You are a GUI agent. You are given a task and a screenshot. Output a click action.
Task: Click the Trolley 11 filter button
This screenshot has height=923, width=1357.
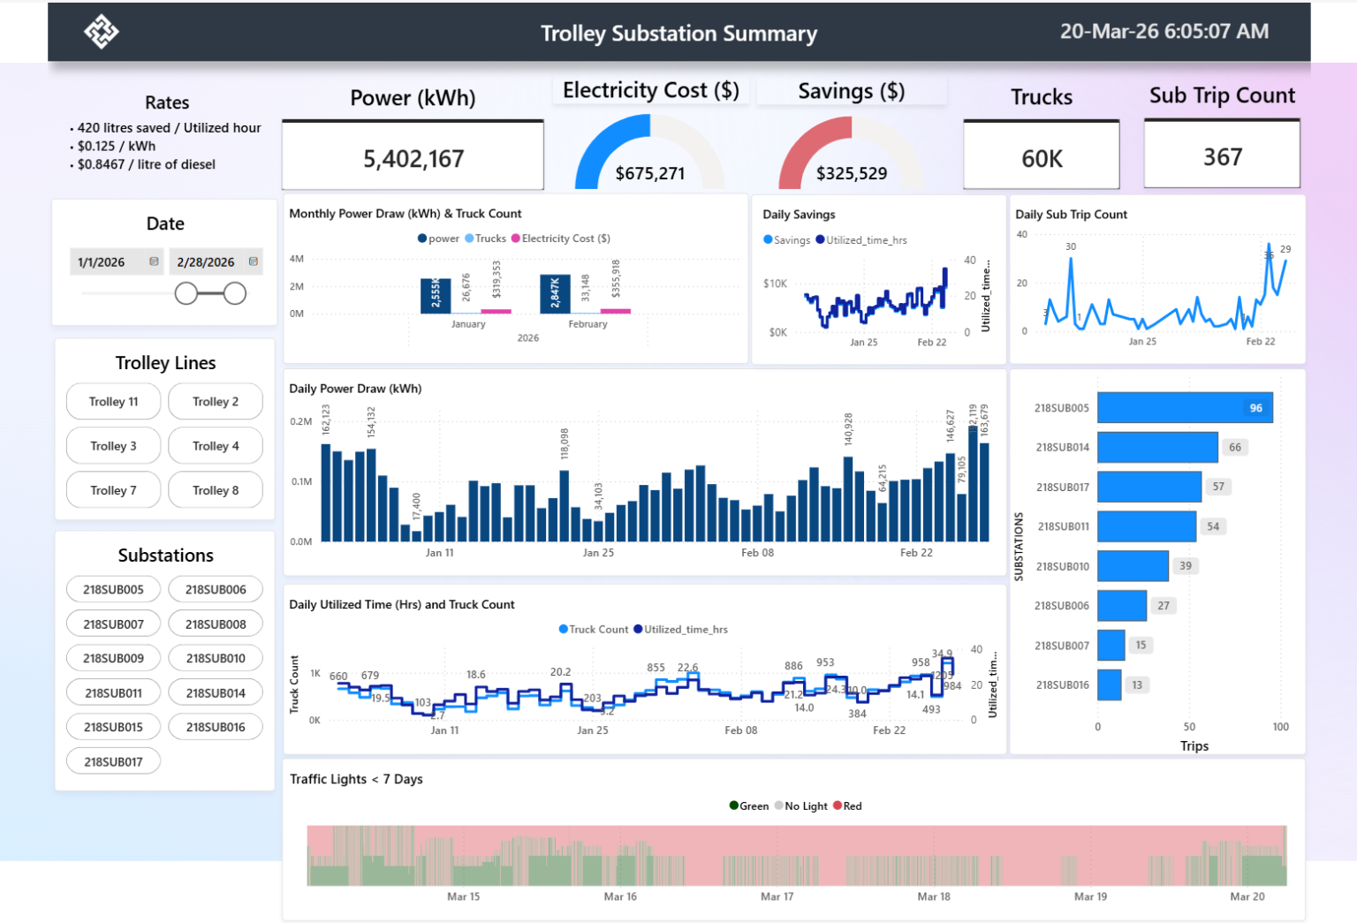pyautogui.click(x=113, y=402)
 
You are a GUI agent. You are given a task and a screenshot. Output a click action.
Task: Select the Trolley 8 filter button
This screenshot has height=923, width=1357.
pyautogui.click(x=216, y=490)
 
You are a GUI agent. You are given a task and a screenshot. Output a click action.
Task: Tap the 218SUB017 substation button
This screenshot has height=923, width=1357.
pyautogui.click(x=113, y=761)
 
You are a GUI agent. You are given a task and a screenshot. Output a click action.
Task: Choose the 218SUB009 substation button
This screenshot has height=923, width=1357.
pyautogui.click(x=113, y=658)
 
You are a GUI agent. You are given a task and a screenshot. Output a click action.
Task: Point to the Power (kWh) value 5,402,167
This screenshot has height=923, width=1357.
pyautogui.click(x=413, y=159)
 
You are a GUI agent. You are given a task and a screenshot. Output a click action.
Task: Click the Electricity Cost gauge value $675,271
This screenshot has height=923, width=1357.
pyautogui.click(x=649, y=173)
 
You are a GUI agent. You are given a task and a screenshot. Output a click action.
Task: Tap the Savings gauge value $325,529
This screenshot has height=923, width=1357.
pyautogui.click(x=851, y=173)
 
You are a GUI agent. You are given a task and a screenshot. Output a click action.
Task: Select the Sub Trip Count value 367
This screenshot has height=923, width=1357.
pyautogui.click(x=1222, y=157)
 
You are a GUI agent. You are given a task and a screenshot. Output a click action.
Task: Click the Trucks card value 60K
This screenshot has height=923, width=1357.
pyautogui.click(x=1042, y=159)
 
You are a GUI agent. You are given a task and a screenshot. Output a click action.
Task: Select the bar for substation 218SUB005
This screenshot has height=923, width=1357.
pyautogui.click(x=1184, y=408)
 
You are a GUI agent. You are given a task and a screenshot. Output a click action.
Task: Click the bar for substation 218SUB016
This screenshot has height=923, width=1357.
pyautogui.click(x=1109, y=685)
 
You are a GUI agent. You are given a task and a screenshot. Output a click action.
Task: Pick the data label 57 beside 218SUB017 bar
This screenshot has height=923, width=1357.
pyautogui.click(x=1218, y=487)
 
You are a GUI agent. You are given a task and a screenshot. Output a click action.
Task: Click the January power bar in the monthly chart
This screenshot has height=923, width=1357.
pyautogui.click(x=436, y=295)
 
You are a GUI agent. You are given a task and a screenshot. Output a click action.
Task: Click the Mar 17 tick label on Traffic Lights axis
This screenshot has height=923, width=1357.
pyautogui.click(x=777, y=897)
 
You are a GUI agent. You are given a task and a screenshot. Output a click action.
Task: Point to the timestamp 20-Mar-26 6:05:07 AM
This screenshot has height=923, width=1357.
pyautogui.click(x=1164, y=32)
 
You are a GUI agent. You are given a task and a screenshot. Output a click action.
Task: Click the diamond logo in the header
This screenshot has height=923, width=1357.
pyautogui.click(x=102, y=32)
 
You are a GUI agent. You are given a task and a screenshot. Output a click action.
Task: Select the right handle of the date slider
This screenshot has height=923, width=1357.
pyautogui.click(x=235, y=293)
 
